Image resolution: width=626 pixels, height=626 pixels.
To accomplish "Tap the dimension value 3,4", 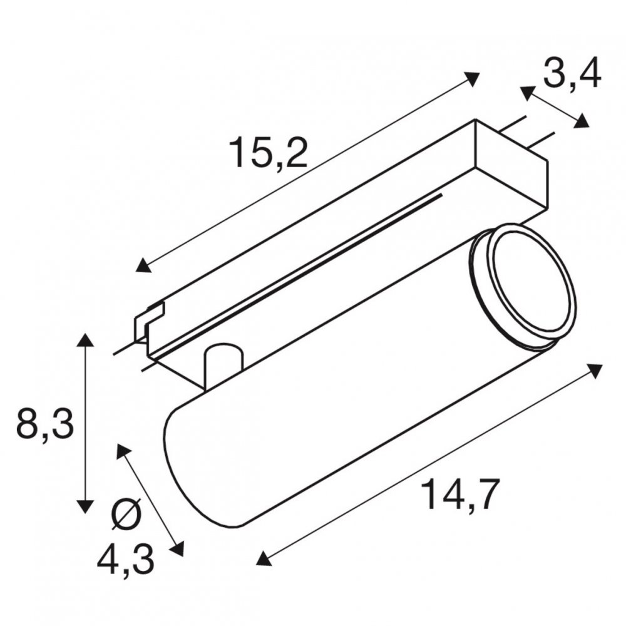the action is [572, 74].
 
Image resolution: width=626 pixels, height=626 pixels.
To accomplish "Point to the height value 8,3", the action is [45, 424].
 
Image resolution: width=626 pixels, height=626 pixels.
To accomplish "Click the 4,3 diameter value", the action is [125, 560].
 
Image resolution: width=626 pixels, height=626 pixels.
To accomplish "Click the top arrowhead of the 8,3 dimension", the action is [85, 341].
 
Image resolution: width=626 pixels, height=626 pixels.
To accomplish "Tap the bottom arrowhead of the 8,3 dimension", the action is [85, 505].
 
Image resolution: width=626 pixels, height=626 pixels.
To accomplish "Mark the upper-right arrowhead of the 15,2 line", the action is [472, 78].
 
